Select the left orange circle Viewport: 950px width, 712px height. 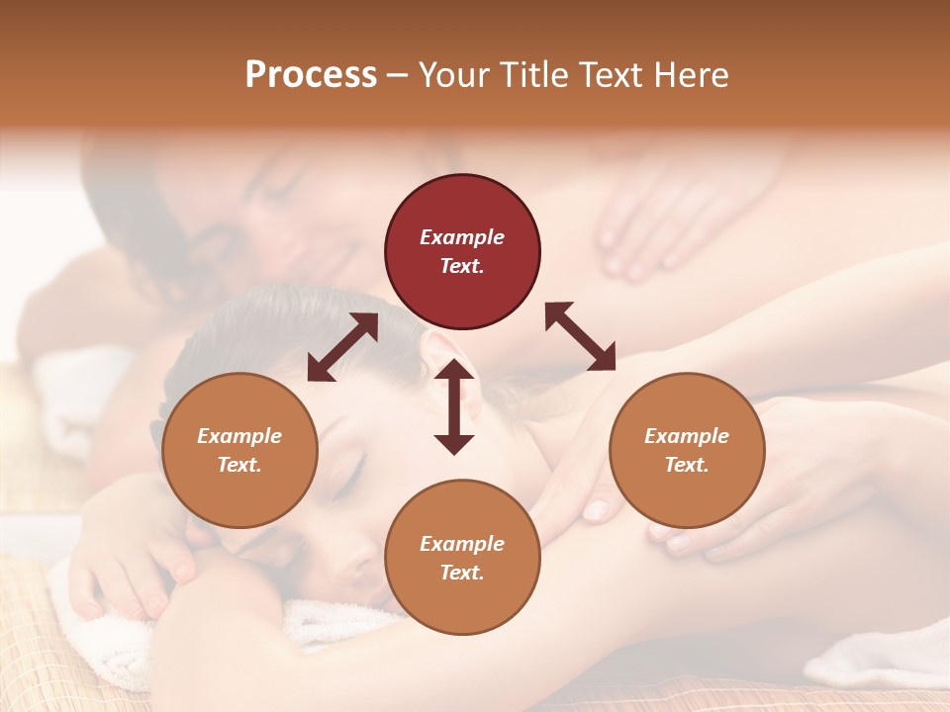(x=239, y=450)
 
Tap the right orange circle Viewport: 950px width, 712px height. (x=687, y=450)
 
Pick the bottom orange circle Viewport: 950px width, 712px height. (x=462, y=557)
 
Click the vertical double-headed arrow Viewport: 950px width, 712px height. (x=454, y=406)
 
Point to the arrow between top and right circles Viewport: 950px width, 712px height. (x=580, y=336)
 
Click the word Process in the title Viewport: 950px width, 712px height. (x=311, y=75)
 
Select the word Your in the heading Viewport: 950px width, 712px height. (x=452, y=75)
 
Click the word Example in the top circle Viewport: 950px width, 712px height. (x=462, y=237)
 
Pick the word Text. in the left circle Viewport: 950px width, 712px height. (x=239, y=465)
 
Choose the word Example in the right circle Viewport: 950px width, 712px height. (x=687, y=436)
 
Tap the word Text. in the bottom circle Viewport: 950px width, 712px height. (x=462, y=573)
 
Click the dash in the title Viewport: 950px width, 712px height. (x=397, y=75)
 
